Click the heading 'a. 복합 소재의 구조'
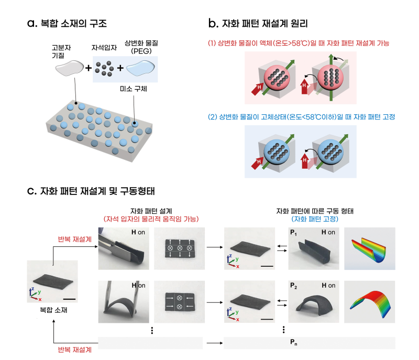click(x=67, y=23)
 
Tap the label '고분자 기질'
click(x=61, y=51)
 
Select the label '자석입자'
click(x=104, y=48)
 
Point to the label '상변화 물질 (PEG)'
click(x=141, y=47)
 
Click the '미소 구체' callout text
click(x=134, y=89)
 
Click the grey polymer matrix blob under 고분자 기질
click(x=70, y=68)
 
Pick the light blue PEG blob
click(x=140, y=68)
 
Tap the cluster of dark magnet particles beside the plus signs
click(x=104, y=69)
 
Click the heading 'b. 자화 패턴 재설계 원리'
click(x=258, y=23)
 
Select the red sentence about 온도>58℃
click(x=299, y=43)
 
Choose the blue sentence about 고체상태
click(x=302, y=117)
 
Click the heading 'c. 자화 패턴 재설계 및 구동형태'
click(x=91, y=191)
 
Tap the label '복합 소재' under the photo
click(x=53, y=310)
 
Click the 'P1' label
click(x=293, y=233)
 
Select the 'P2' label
click(x=293, y=286)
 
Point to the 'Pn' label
click(x=293, y=342)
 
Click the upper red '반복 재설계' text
click(x=75, y=239)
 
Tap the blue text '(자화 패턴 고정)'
click(x=315, y=219)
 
